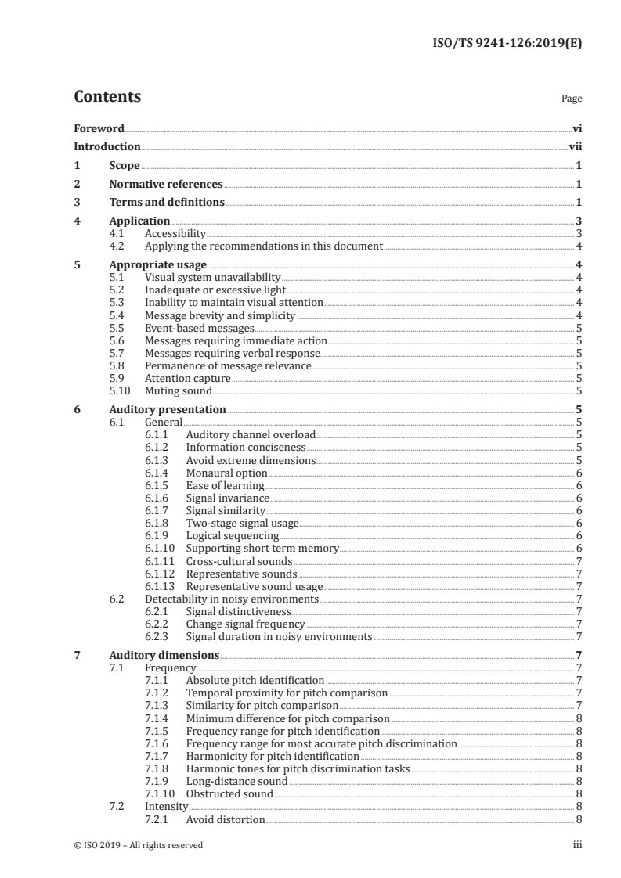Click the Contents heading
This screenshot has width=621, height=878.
click(x=107, y=98)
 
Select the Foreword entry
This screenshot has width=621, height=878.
click(x=99, y=128)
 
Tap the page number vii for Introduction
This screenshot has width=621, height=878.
click(x=575, y=147)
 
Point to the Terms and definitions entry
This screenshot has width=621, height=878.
click(x=167, y=203)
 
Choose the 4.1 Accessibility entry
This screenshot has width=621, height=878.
click(x=175, y=234)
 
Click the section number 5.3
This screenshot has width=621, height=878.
click(x=117, y=302)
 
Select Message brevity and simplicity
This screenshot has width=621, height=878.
click(x=220, y=315)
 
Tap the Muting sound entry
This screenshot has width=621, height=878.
click(x=179, y=390)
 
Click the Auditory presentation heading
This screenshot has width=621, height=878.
click(x=168, y=409)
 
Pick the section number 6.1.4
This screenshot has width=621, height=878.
click(x=157, y=473)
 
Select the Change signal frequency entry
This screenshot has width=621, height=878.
click(x=245, y=624)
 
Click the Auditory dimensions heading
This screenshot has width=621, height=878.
click(x=164, y=655)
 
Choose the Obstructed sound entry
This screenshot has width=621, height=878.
click(x=229, y=793)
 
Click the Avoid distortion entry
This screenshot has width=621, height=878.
click(x=226, y=819)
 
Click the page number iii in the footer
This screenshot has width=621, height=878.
click(x=577, y=845)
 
